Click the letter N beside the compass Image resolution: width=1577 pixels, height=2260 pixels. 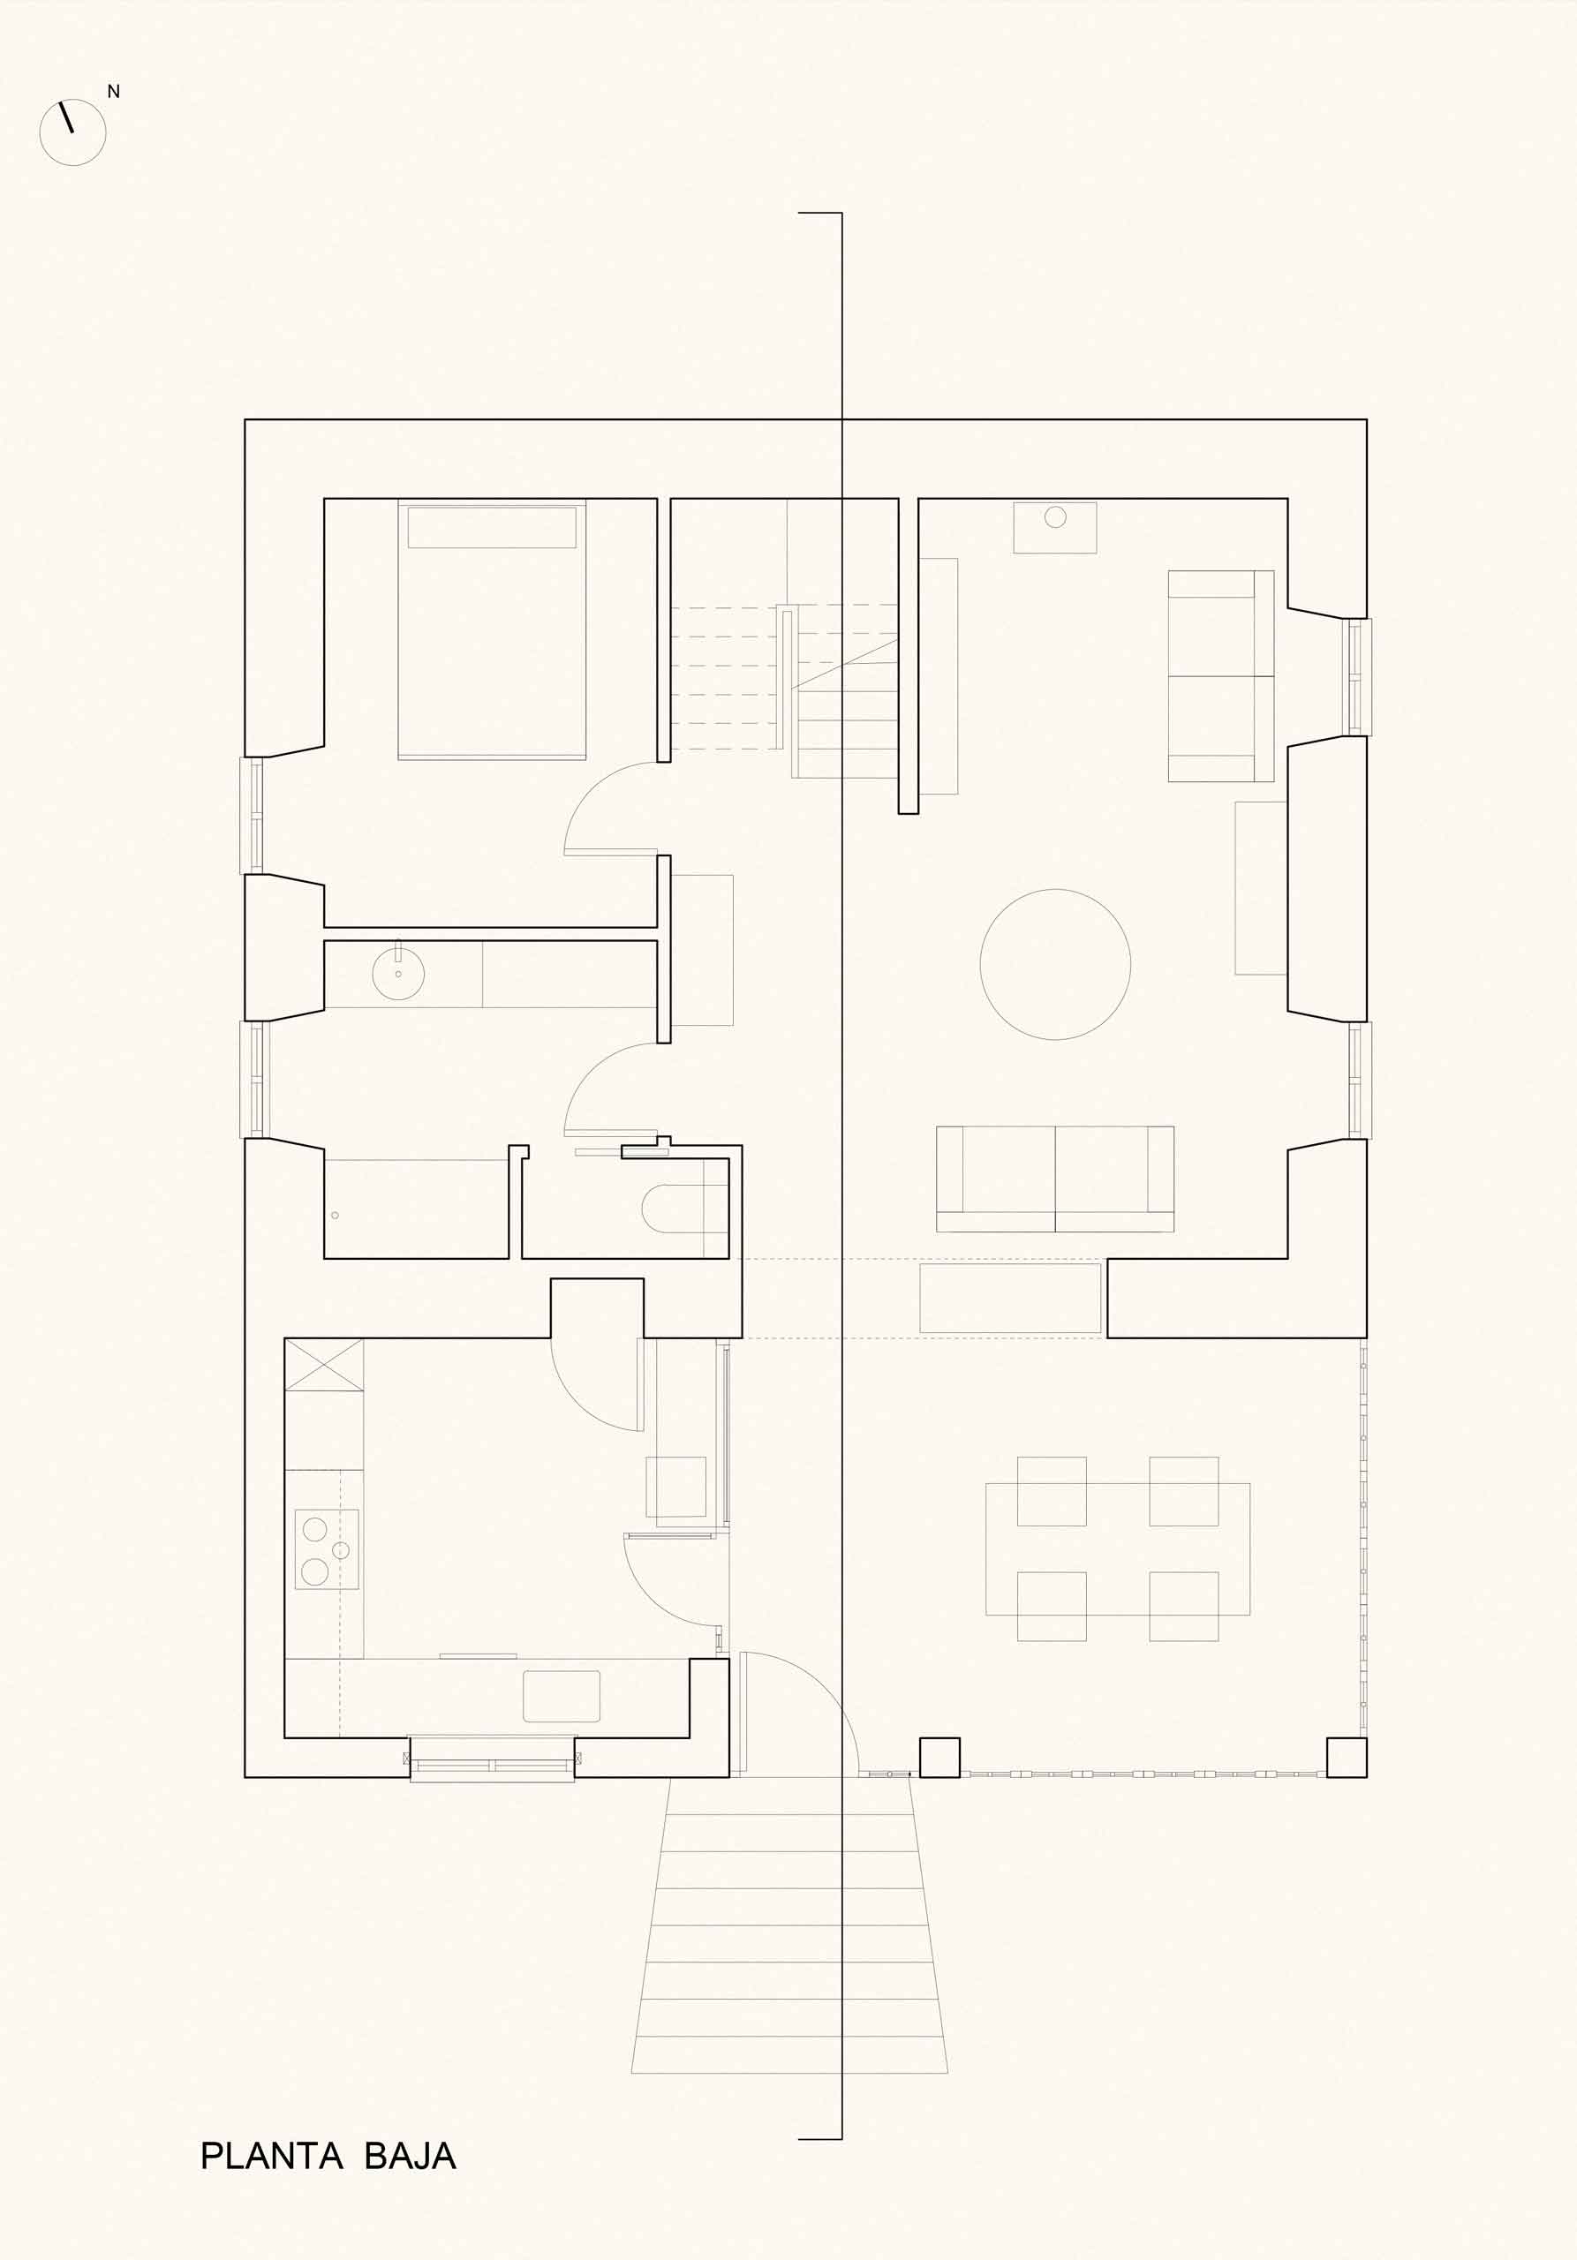pyautogui.click(x=113, y=92)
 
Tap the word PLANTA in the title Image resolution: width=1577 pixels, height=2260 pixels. pyautogui.click(x=272, y=2155)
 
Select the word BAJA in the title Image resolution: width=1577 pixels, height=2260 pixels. pyautogui.click(x=411, y=2155)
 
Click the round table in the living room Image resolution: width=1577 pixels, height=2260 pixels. pyautogui.click(x=1055, y=965)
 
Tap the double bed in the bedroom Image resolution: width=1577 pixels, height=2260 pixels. pyautogui.click(x=492, y=630)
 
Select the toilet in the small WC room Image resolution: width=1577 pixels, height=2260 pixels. pyautogui.click(x=684, y=1208)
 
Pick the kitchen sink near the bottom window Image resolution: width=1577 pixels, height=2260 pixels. pyautogui.click(x=561, y=1696)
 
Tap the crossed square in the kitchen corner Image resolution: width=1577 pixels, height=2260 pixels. pyautogui.click(x=324, y=1363)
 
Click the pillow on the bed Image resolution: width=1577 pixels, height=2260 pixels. pyautogui.click(x=492, y=528)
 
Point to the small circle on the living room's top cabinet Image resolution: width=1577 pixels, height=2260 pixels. pyautogui.click(x=1055, y=516)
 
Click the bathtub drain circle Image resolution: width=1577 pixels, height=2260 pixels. pyautogui.click(x=335, y=1216)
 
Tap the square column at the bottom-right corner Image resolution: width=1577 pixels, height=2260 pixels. pyautogui.click(x=1347, y=1757)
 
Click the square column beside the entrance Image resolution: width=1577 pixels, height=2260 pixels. pyautogui.click(x=940, y=1757)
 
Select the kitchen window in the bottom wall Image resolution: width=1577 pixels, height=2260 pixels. pyautogui.click(x=492, y=1759)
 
